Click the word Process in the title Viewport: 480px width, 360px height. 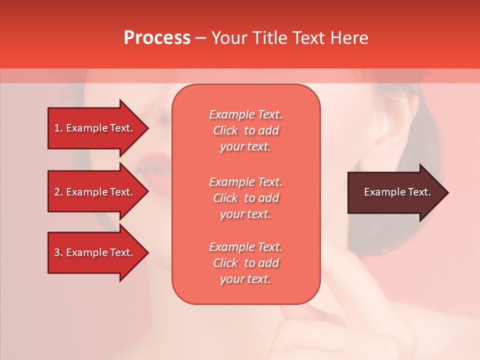click(157, 37)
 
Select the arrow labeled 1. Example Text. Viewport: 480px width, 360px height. click(95, 128)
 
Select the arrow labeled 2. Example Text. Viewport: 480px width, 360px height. click(95, 192)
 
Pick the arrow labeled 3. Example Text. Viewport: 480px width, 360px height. click(95, 252)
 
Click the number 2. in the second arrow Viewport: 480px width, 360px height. click(58, 192)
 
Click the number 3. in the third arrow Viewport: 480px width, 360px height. click(58, 252)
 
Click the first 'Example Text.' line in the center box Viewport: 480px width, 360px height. click(245, 114)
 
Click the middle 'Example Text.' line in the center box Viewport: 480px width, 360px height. click(245, 181)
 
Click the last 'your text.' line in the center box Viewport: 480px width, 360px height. click(245, 279)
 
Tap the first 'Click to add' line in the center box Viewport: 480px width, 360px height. click(245, 130)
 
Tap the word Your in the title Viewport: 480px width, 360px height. click(229, 37)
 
